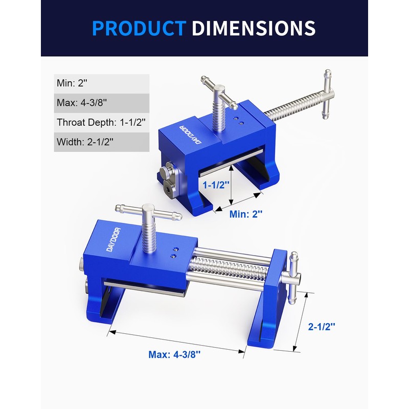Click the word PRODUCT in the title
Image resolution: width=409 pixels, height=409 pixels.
point(139,28)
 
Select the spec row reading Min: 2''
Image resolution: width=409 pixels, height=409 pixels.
point(102,83)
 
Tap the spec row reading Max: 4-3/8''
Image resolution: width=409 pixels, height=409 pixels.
point(102,103)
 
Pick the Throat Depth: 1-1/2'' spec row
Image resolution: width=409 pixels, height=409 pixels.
point(102,122)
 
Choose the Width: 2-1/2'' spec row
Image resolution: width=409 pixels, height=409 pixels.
point(102,142)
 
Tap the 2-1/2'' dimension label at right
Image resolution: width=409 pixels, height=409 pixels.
point(322,326)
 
